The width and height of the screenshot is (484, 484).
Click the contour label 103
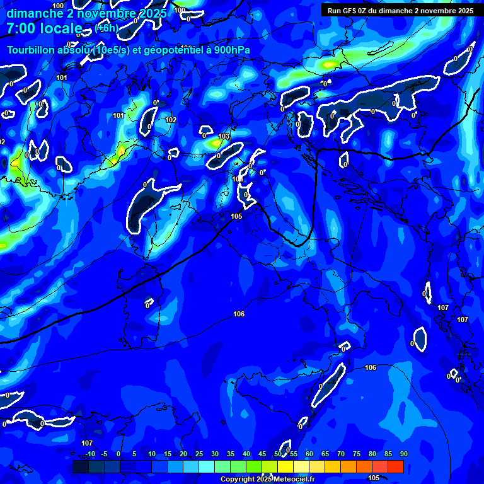224,137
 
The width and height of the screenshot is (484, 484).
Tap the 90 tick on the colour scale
403,454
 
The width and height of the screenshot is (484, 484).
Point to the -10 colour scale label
89,454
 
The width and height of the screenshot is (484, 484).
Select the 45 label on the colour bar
262,454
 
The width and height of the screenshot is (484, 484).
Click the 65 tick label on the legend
325,454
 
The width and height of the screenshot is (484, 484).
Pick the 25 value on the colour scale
199,454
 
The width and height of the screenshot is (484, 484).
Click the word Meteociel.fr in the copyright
293,480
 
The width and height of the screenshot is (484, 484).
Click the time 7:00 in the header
20,29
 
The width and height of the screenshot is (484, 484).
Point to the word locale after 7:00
62,29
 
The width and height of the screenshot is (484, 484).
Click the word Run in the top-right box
334,11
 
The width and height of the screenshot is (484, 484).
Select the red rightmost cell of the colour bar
395,466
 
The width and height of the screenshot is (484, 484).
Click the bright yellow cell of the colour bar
285,466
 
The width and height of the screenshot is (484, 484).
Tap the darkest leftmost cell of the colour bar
80,466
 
